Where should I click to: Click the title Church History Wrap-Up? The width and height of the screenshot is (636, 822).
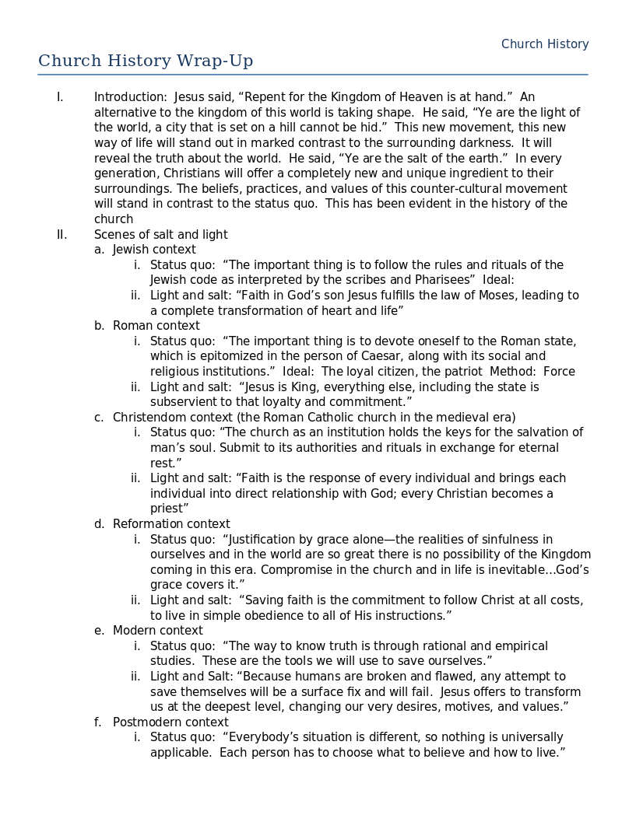click(146, 61)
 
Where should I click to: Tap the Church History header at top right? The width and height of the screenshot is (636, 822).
click(545, 44)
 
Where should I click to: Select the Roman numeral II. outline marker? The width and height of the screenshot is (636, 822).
click(61, 235)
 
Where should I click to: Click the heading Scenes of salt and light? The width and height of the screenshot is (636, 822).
click(161, 235)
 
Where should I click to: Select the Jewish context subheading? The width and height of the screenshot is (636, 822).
click(154, 250)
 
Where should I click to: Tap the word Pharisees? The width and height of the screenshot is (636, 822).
click(442, 280)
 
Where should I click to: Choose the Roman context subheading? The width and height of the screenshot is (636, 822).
click(156, 326)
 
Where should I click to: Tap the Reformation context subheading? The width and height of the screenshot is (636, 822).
click(171, 524)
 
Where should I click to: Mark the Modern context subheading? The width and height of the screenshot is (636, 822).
click(157, 631)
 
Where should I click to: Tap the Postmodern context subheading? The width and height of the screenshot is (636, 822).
click(170, 722)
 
